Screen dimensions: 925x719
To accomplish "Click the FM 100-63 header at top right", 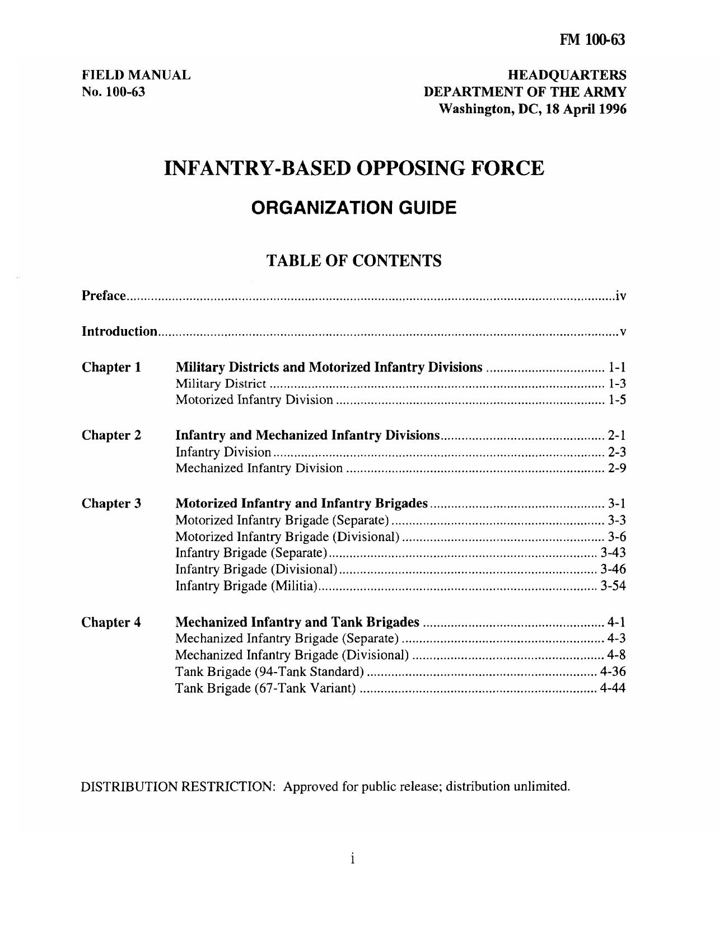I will click(x=592, y=40).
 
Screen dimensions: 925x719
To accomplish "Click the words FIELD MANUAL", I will click(x=136, y=75).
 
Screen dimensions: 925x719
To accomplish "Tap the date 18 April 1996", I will click(x=590, y=109).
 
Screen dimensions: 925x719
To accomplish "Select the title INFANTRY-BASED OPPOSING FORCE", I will click(x=354, y=168).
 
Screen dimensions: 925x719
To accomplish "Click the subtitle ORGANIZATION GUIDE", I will click(x=354, y=208).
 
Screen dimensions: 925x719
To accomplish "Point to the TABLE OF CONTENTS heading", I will click(x=354, y=261).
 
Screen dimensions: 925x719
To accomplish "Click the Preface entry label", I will click(x=104, y=295).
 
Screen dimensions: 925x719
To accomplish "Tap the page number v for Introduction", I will click(x=623, y=332).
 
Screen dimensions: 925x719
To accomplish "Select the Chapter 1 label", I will click(x=111, y=368).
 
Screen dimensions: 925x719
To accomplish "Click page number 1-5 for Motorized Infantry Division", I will click(x=617, y=400).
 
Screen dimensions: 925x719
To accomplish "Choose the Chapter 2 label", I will click(x=111, y=435).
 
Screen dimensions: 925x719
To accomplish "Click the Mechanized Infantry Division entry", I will click(x=259, y=468).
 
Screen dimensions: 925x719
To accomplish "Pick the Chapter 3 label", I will click(x=111, y=504).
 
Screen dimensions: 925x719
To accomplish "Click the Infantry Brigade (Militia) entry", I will click(x=246, y=586).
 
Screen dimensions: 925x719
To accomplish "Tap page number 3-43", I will click(x=613, y=553).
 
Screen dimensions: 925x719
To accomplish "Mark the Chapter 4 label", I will click(x=111, y=622).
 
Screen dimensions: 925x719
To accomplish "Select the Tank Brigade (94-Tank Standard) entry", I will click(x=270, y=672).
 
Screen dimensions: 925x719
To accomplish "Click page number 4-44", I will click(x=613, y=688).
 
